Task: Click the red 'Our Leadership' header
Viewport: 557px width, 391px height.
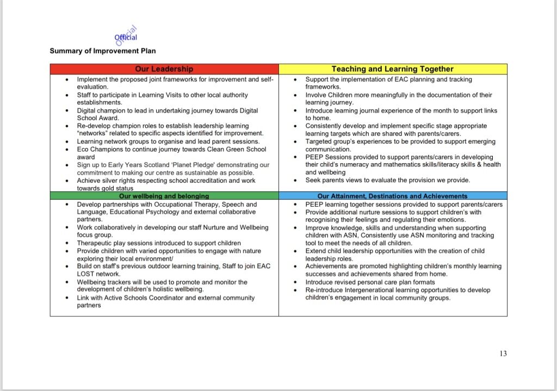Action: click(164, 69)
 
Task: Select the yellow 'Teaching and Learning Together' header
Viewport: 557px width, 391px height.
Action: click(392, 69)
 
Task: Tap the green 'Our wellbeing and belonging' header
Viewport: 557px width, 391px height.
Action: click(164, 196)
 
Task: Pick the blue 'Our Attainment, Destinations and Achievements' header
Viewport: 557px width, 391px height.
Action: click(392, 196)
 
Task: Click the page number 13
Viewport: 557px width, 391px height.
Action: click(503, 353)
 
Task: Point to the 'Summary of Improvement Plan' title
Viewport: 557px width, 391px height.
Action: click(102, 51)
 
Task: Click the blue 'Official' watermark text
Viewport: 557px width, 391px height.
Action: click(126, 38)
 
